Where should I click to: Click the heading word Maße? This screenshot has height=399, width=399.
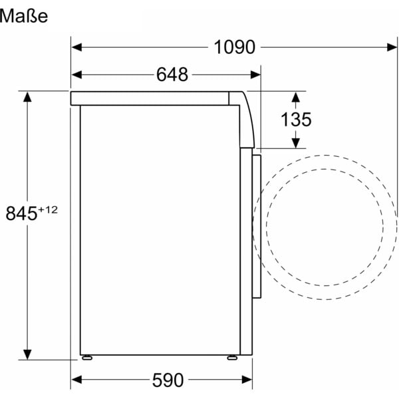point(23,16)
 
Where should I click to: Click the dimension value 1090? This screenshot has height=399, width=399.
point(234,47)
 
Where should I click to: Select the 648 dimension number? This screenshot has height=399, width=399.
point(172,74)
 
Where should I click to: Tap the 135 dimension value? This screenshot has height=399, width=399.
point(296,119)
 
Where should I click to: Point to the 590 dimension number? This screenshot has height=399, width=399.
point(168,380)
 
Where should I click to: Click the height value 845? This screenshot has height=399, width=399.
point(21,213)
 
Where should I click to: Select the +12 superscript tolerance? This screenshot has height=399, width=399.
point(48,210)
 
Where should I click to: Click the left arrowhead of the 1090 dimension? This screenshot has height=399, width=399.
point(76,47)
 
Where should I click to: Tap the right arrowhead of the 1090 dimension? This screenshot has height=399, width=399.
point(392,47)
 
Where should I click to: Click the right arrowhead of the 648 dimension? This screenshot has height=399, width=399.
point(255,74)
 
